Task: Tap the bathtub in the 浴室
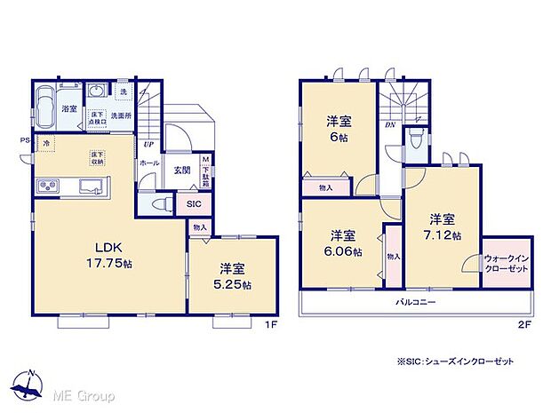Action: click(48, 108)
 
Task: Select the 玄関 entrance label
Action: click(181, 170)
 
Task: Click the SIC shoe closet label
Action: click(194, 203)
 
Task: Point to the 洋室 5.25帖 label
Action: click(232, 278)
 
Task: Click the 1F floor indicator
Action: click(273, 324)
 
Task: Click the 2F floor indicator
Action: click(526, 324)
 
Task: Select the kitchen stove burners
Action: click(47, 187)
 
